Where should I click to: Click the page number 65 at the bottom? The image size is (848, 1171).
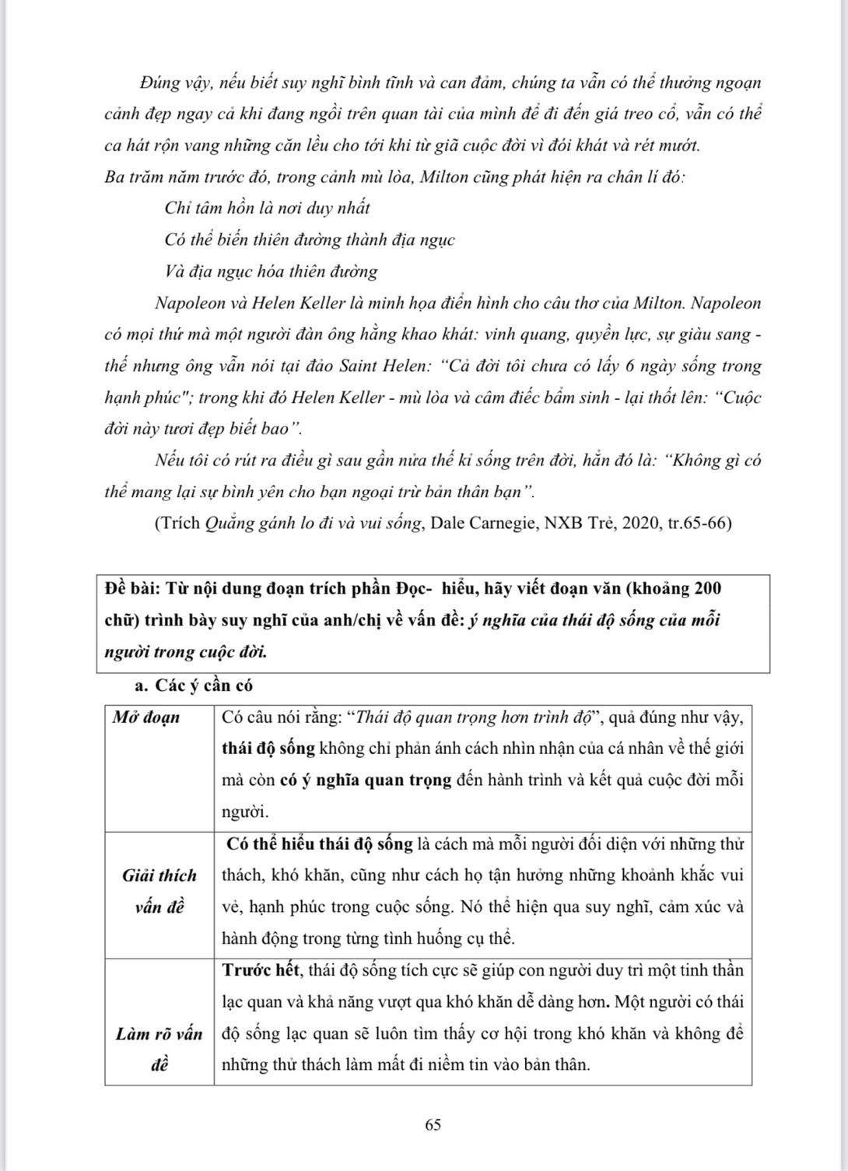(433, 1124)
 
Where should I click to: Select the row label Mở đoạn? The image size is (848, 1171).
(145, 717)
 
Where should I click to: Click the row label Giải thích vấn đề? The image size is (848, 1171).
(159, 891)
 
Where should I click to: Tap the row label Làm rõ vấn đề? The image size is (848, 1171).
(159, 1050)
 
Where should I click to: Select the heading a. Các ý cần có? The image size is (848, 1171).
(194, 685)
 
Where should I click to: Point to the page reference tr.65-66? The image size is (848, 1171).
(698, 524)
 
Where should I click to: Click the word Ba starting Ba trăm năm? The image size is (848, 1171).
(114, 177)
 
